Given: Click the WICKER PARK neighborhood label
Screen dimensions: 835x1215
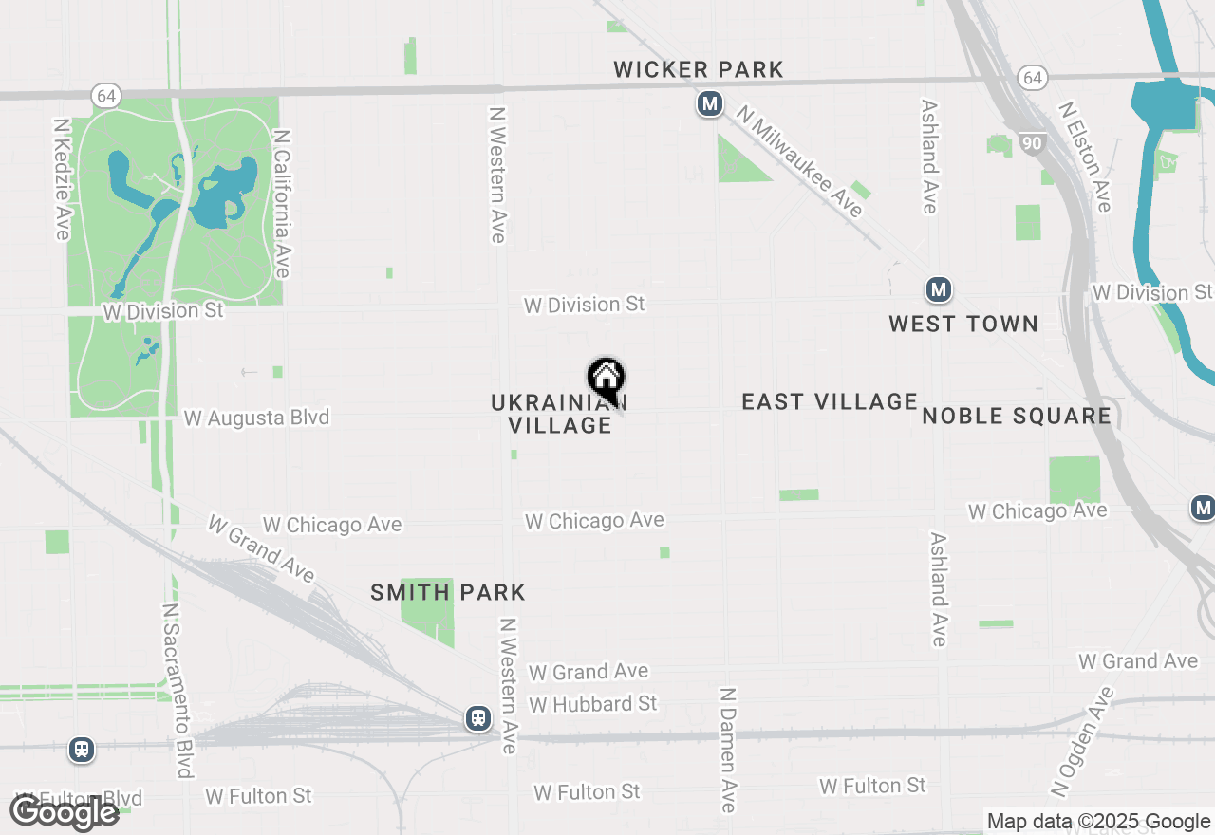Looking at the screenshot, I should tap(699, 69).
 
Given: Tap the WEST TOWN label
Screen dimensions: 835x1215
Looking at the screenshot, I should tap(963, 324).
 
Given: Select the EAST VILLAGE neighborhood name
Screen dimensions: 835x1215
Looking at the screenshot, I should tap(830, 401).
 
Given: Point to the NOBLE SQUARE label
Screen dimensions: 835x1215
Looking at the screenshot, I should tap(1017, 416).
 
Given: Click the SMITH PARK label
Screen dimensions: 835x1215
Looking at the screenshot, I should tap(448, 593).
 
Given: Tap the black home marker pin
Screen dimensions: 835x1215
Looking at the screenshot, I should tap(607, 380).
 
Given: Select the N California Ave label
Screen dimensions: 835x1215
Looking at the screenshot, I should tap(281, 204).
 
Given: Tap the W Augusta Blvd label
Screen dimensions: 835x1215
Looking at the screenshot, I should tap(256, 417).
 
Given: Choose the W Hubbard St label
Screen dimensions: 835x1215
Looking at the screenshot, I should tap(593, 704).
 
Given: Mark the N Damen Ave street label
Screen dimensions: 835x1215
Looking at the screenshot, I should tap(728, 751).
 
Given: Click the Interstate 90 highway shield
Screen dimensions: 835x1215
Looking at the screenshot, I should tap(1033, 143).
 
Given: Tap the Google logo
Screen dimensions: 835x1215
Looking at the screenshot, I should tap(65, 812).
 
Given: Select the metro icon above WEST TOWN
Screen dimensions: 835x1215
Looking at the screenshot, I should tap(939, 289).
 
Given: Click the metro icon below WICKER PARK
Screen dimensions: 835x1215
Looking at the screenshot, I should tap(709, 103).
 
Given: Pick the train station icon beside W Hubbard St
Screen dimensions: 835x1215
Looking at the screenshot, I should tap(478, 718).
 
